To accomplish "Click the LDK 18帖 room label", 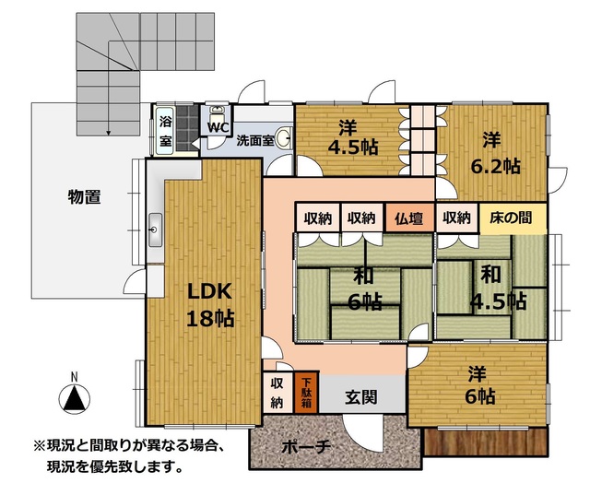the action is pos(210,305).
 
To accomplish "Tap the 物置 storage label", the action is pos(84,196).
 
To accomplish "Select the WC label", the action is pos(218,127).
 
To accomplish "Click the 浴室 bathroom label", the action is pos(166,131).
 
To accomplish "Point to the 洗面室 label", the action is pos(254,141).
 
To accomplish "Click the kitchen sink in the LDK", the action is pos(155,230).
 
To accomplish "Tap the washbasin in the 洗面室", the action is pos(283,138).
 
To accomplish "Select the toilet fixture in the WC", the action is pos(217,112).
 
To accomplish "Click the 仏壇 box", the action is pos(409,218).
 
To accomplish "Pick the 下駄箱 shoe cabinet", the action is pos(306,393).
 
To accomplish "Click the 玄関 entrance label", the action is pos(360,396).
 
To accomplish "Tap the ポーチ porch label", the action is pos(306,447).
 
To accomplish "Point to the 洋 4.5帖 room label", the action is pos(352,137).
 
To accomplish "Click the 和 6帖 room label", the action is pos(365,289).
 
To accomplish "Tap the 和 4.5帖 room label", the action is pos(498,288).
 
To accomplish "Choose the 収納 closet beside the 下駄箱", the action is pos(277,393).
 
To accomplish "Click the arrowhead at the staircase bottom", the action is pos(109,133).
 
